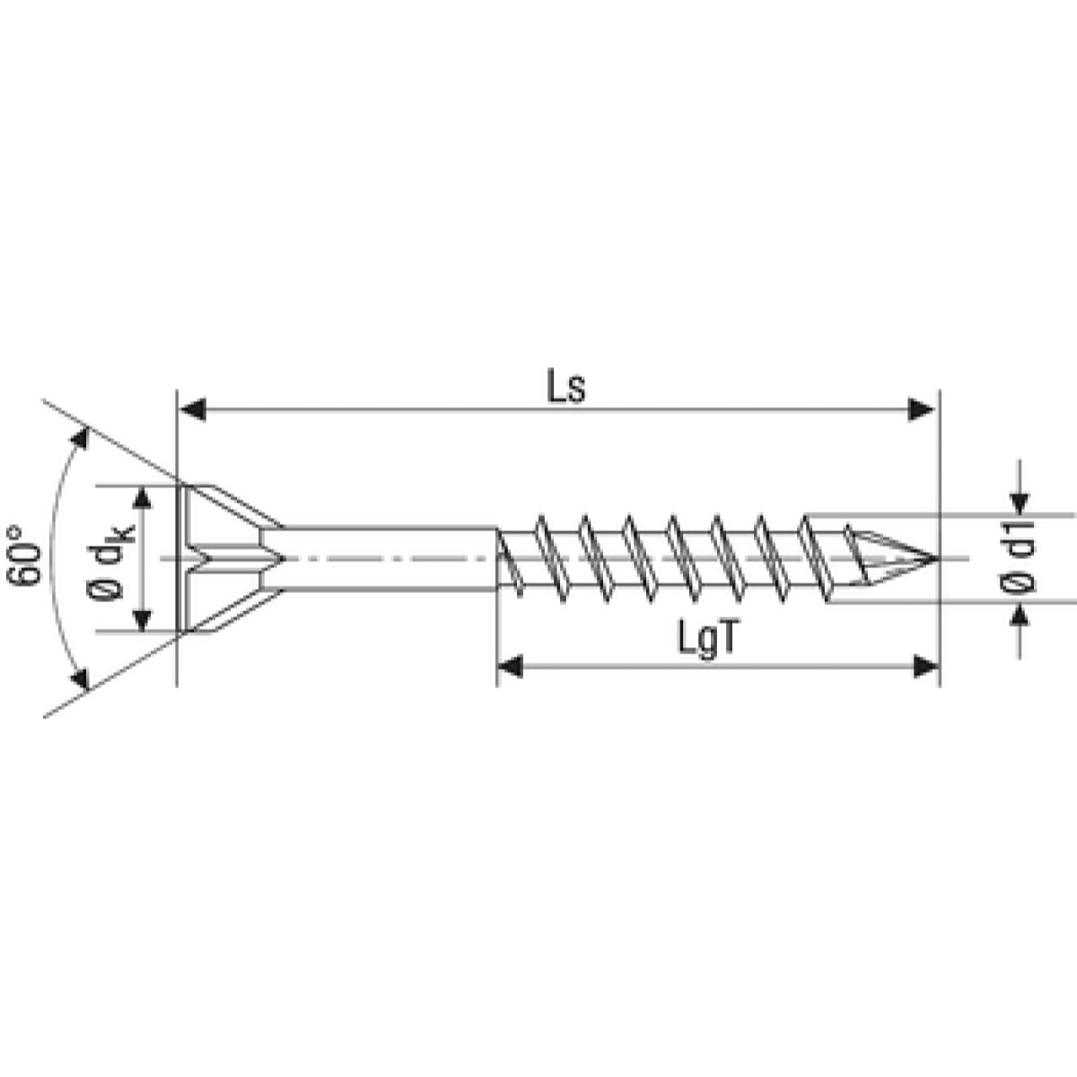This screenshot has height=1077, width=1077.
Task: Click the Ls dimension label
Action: coord(565,388)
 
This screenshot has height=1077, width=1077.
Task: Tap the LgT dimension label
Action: coord(709,641)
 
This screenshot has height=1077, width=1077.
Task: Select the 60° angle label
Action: coord(27,556)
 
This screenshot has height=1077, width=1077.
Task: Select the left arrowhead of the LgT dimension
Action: coord(511,666)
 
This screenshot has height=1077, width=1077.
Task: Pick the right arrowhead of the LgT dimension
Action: coord(924,666)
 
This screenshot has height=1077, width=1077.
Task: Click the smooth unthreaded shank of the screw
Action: coord(386,558)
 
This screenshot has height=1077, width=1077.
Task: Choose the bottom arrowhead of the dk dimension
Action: coord(142,619)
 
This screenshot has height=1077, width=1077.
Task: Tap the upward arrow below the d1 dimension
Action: coord(1020,615)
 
